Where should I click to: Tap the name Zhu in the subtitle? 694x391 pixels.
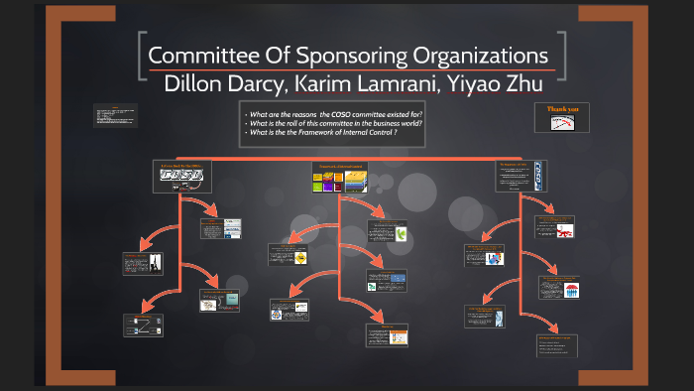point(520,84)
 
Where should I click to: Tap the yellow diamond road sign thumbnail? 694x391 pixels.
point(299,257)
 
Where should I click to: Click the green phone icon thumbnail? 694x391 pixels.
point(402,234)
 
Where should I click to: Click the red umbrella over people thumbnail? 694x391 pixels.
point(572,291)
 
